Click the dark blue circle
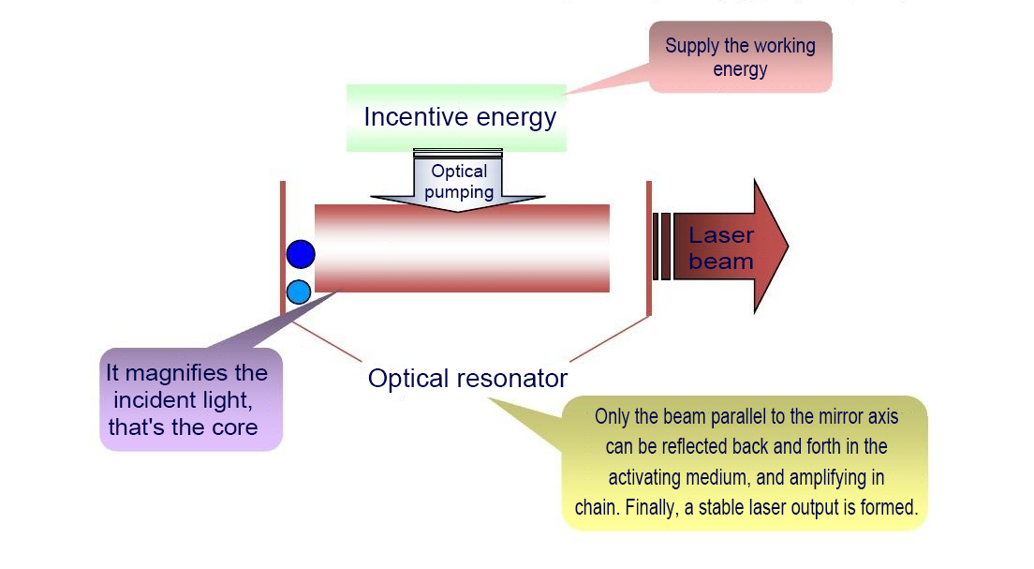click(x=301, y=253)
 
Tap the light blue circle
click(x=299, y=292)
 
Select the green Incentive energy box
click(x=457, y=117)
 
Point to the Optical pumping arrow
click(x=458, y=183)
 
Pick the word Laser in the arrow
click(x=721, y=234)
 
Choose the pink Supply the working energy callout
click(x=740, y=57)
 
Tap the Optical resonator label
click(x=467, y=379)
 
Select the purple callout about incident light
click(x=191, y=399)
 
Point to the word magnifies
click(x=196, y=372)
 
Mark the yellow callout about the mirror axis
click(x=746, y=463)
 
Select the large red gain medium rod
click(x=462, y=248)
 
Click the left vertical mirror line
click(x=283, y=247)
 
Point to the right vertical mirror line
click(x=648, y=247)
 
